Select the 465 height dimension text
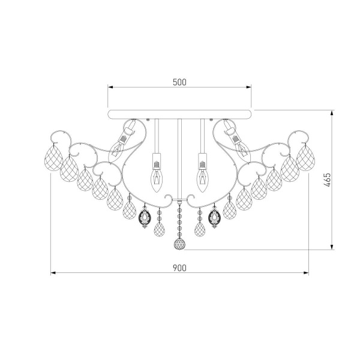point(326,180)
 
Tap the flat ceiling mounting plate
point(180,113)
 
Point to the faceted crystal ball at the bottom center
point(179,245)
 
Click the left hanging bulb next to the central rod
point(157,174)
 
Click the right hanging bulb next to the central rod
point(202,174)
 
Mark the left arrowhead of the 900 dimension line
point(52,273)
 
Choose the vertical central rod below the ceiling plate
point(179,156)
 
